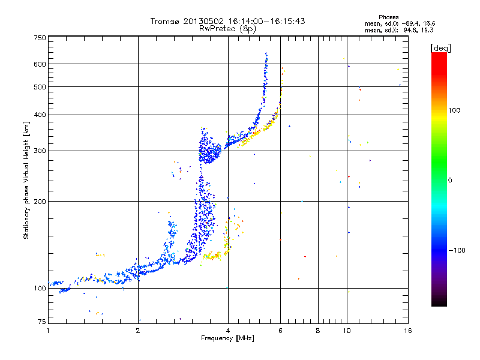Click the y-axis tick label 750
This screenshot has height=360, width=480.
(40, 38)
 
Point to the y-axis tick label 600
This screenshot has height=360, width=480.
(40, 64)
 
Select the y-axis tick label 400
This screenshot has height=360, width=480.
(40, 115)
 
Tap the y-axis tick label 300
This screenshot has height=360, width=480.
(40, 151)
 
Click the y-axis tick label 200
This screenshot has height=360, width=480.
(40, 202)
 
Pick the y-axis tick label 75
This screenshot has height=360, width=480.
(41, 322)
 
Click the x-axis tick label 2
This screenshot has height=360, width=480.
(138, 330)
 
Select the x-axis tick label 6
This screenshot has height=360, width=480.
(280, 330)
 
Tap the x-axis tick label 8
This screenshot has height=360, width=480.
(318, 330)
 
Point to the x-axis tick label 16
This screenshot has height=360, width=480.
(407, 330)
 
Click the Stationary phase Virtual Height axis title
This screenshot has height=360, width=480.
(26, 180)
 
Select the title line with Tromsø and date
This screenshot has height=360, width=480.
(228, 21)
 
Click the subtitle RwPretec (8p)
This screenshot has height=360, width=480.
(228, 28)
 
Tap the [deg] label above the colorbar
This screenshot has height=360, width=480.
(441, 47)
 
